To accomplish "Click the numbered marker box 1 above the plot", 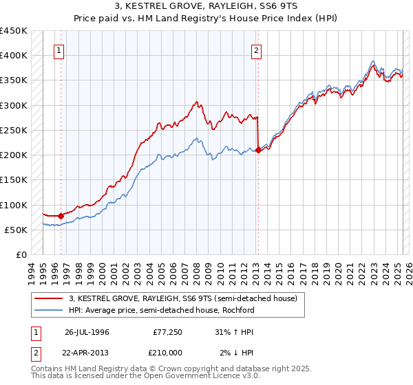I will pyautogui.click(x=59, y=50).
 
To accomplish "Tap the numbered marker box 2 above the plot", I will pyautogui.click(x=256, y=50).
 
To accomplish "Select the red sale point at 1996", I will pyautogui.click(x=61, y=216).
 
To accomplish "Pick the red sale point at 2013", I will pyautogui.click(x=258, y=150).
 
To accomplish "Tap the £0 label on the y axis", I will pyautogui.click(x=21, y=254).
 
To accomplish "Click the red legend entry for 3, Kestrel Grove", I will pyautogui.click(x=182, y=298).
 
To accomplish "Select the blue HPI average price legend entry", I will pyautogui.click(x=162, y=310).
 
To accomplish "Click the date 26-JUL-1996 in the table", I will pyautogui.click(x=87, y=331).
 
